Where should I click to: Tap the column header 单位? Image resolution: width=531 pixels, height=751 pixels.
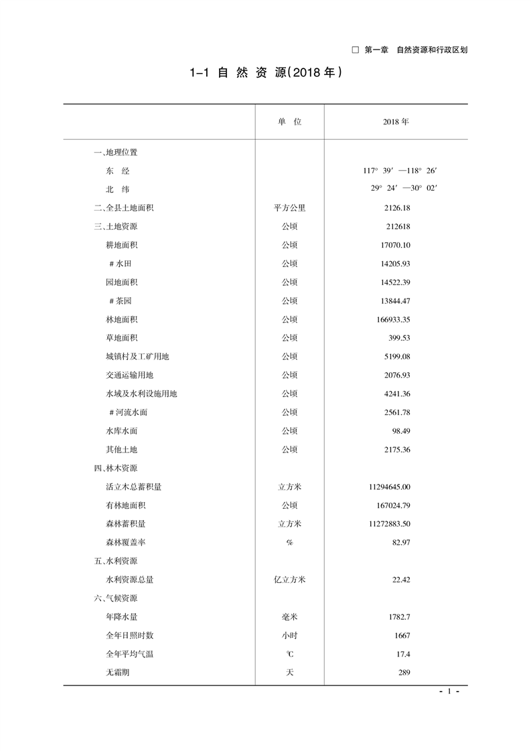[x=289, y=122]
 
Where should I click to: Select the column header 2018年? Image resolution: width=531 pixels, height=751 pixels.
[x=396, y=122]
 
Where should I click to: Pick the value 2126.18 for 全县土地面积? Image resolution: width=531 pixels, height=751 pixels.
[x=396, y=208]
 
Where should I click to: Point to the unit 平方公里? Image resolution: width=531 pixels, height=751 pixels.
[x=289, y=208]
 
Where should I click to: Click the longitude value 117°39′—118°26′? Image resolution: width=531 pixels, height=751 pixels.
[x=400, y=171]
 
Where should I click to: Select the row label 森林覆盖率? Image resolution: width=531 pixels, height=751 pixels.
[x=125, y=542]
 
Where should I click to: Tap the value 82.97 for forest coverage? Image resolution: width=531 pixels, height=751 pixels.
[x=401, y=542]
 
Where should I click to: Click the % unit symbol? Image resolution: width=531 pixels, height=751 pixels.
[x=289, y=542]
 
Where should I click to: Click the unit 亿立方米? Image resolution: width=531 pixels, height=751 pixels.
[x=289, y=580]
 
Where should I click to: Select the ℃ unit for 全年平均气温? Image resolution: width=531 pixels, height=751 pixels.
[x=289, y=654]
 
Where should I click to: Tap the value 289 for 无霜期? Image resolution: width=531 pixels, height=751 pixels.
[x=403, y=673]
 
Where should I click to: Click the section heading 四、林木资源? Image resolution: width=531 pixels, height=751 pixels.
[x=116, y=468]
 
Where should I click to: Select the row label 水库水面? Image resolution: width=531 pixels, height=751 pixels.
[x=121, y=431]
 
